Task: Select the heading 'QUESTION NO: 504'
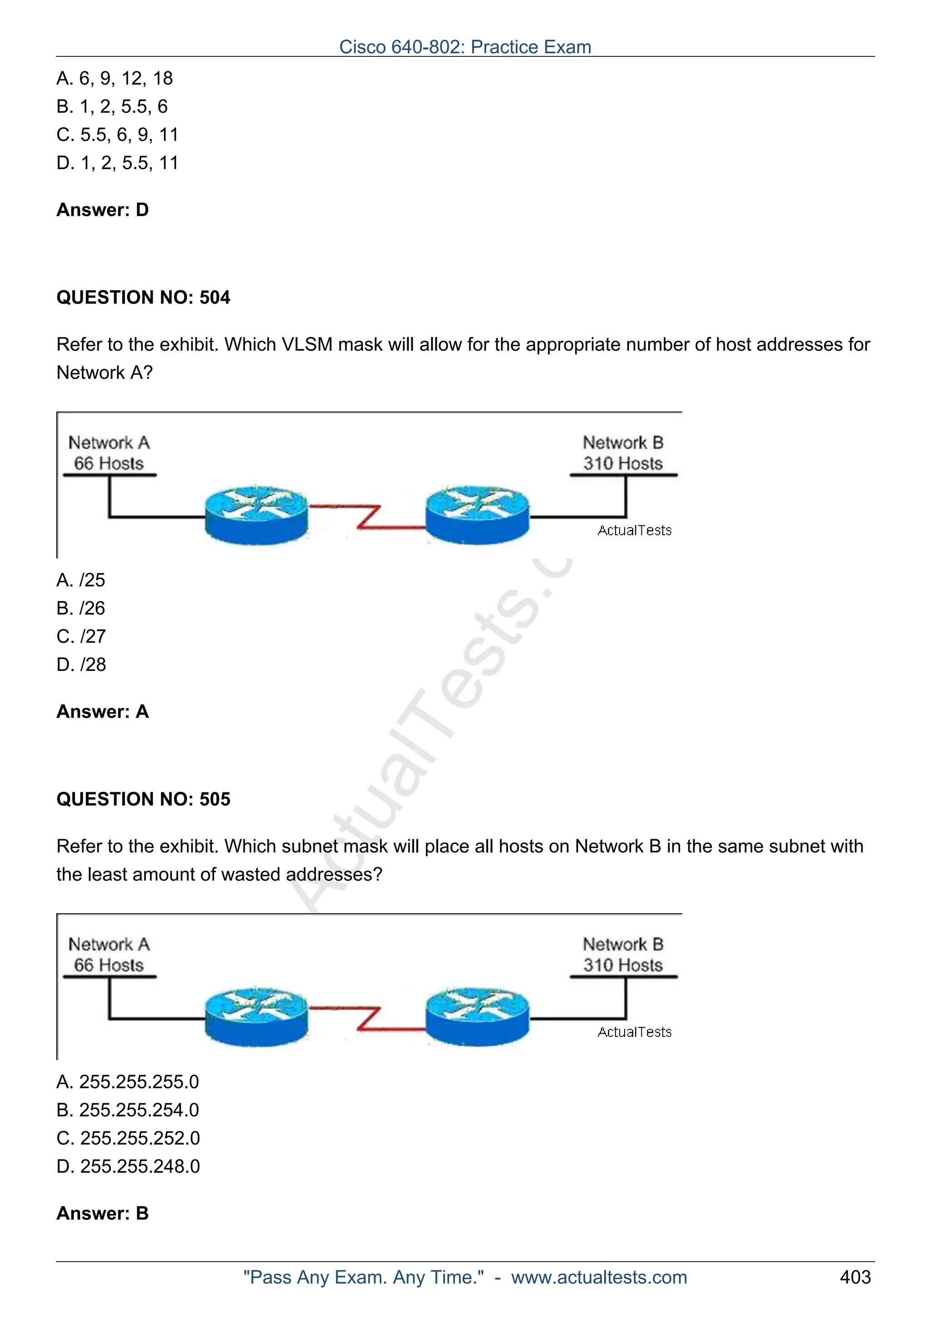(x=143, y=297)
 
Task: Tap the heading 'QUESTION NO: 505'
(x=143, y=799)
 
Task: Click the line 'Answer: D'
(x=103, y=210)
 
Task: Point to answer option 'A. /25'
(x=81, y=580)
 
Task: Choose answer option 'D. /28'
(x=81, y=665)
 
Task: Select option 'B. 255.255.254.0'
(x=128, y=1110)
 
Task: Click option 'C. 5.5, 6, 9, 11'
(x=118, y=135)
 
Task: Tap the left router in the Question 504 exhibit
(x=256, y=515)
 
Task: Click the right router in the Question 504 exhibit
(x=477, y=515)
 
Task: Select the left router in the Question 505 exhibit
(x=256, y=1016)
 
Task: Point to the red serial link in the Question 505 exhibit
(x=367, y=1018)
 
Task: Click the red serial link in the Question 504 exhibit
(x=367, y=516)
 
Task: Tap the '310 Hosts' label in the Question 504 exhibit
(x=623, y=463)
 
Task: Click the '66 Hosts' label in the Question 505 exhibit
(x=109, y=965)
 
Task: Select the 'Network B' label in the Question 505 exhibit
(x=623, y=944)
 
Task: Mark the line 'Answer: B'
(x=103, y=1213)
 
